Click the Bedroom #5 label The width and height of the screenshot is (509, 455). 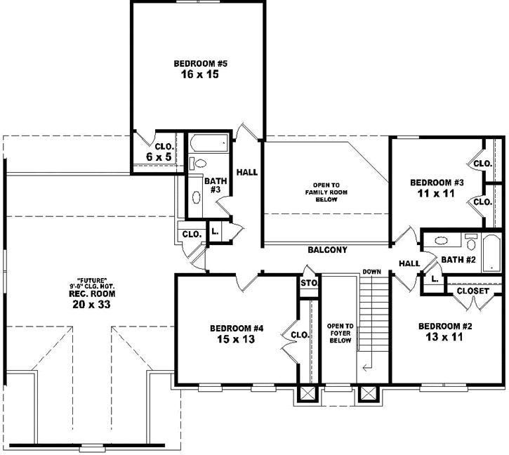198,62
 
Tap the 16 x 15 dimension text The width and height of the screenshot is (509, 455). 198,74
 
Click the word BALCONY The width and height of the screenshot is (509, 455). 327,249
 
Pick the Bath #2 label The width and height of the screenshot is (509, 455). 458,260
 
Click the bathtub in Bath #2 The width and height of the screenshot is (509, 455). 491,252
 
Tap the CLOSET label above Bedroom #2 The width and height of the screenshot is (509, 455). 472,290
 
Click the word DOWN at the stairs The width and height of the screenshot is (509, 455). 372,272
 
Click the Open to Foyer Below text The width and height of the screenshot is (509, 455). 340,333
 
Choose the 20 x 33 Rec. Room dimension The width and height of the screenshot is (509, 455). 88,305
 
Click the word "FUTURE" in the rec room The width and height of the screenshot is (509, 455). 88,279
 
